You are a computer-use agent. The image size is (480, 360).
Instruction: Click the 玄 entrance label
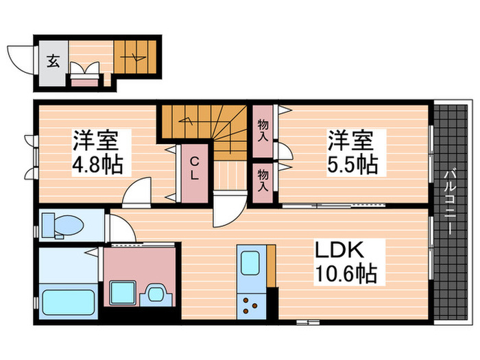[53, 60]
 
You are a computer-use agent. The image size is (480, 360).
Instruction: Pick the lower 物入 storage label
[263, 180]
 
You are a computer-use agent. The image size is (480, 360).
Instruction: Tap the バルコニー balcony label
[452, 202]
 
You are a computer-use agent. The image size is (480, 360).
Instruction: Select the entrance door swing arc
[19, 56]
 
